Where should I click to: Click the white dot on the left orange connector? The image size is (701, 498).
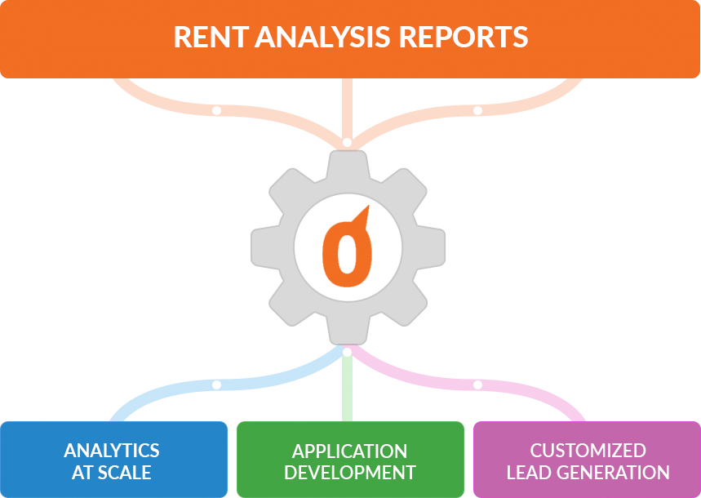tap(216, 110)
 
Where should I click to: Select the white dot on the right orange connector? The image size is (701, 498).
tap(477, 110)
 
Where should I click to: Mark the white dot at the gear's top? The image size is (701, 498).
tap(347, 143)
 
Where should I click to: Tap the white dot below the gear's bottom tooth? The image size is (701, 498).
tap(347, 353)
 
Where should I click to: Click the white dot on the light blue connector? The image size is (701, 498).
tap(216, 385)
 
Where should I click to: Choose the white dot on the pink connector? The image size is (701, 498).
tap(477, 385)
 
